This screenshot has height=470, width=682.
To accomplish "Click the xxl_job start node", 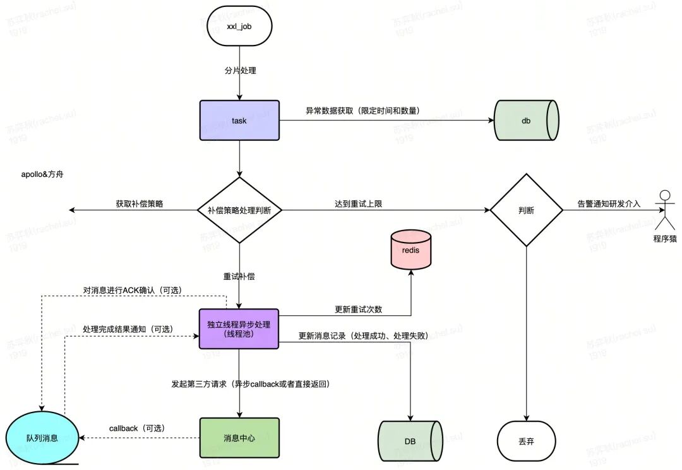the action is pyautogui.click(x=239, y=26).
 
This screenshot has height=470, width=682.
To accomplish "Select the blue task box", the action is pyautogui.click(x=239, y=121).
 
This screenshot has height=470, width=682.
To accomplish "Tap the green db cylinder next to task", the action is pyautogui.click(x=526, y=121).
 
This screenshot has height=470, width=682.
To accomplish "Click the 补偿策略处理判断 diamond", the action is pyautogui.click(x=239, y=210).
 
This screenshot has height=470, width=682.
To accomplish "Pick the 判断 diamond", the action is pyautogui.click(x=526, y=210).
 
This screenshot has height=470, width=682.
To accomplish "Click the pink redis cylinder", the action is pyautogui.click(x=410, y=249).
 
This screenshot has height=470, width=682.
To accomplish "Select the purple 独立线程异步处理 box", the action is pyautogui.click(x=239, y=329).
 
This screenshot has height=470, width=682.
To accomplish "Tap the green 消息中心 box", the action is pyautogui.click(x=239, y=438).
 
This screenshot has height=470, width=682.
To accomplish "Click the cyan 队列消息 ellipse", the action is pyautogui.click(x=42, y=438).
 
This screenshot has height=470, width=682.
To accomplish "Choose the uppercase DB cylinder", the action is pyautogui.click(x=410, y=442).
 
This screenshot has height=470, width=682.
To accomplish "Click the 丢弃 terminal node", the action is pyautogui.click(x=526, y=442).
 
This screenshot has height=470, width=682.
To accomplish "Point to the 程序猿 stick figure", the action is pyautogui.click(x=664, y=210).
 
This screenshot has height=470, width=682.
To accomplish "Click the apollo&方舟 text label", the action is pyautogui.click(x=42, y=174).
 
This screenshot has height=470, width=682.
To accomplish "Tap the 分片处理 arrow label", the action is pyautogui.click(x=240, y=71).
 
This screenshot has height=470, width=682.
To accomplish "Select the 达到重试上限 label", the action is pyautogui.click(x=359, y=203).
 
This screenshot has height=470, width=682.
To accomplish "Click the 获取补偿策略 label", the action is pyautogui.click(x=139, y=203).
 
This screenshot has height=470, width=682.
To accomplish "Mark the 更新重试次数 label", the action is pyautogui.click(x=359, y=310).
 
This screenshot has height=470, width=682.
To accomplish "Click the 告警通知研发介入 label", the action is pyautogui.click(x=609, y=203).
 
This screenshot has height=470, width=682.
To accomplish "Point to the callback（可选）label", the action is pyautogui.click(x=137, y=429).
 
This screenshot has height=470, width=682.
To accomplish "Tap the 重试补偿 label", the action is pyautogui.click(x=239, y=276).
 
